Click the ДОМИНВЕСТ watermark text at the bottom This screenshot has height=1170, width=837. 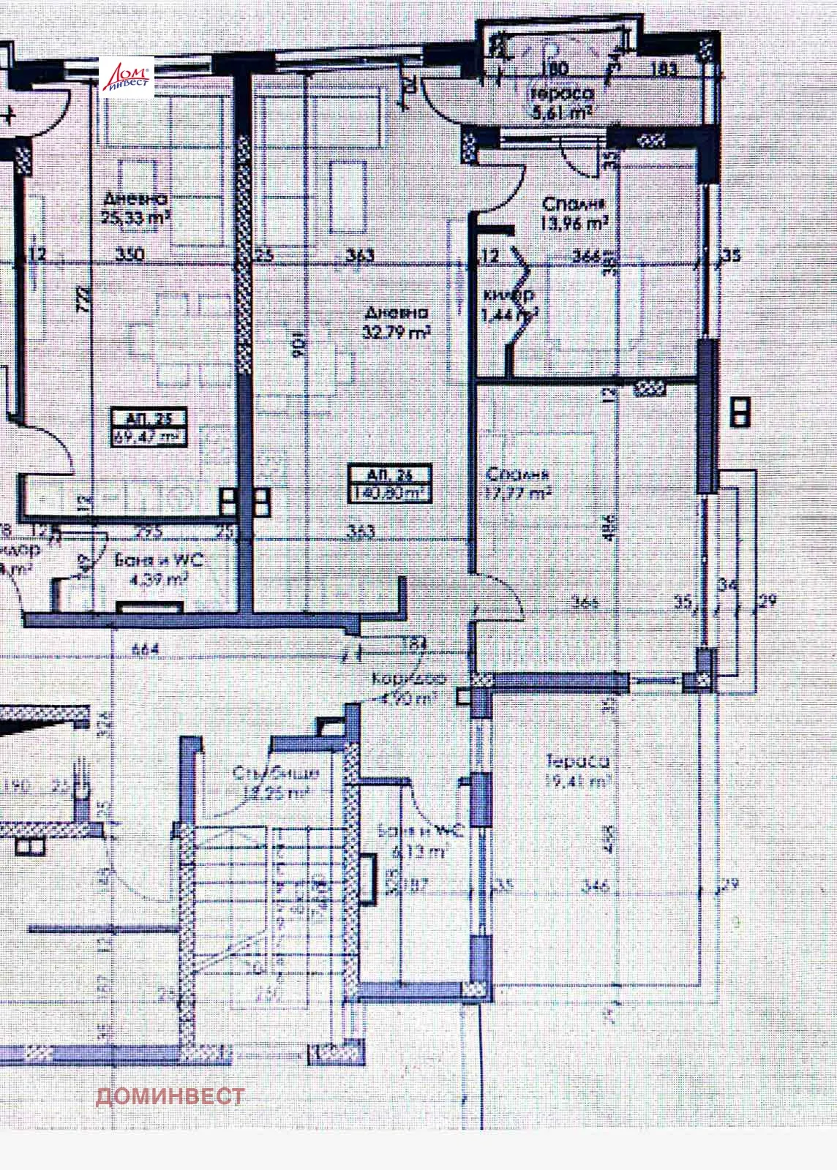tap(170, 1096)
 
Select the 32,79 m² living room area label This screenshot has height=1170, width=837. tap(396, 332)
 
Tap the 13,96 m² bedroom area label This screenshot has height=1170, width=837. tap(574, 224)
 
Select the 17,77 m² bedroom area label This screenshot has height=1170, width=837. tap(517, 494)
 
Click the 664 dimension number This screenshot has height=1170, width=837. tap(146, 649)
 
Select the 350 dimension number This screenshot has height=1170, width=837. tap(131, 255)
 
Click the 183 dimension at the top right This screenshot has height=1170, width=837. tap(664, 70)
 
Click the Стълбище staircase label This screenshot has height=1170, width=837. tap(275, 773)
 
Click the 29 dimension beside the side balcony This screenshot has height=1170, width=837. tap(768, 602)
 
